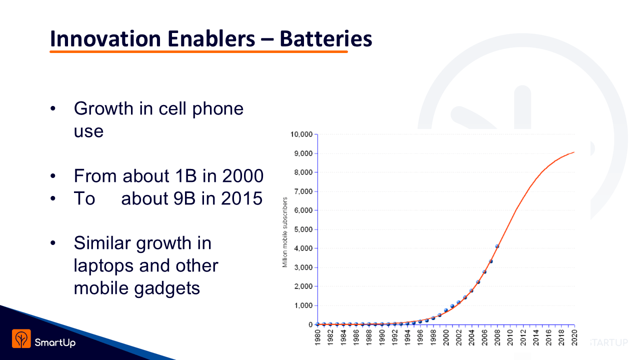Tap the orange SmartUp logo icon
pyautogui.click(x=21, y=339)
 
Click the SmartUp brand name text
pyautogui.click(x=55, y=342)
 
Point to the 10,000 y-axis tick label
pyautogui.click(x=301, y=134)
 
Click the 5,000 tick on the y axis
pyautogui.click(x=303, y=229)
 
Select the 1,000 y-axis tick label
pyautogui.click(x=303, y=305)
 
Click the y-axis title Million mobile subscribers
pyautogui.click(x=285, y=232)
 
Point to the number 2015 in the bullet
pyautogui.click(x=242, y=198)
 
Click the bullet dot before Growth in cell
pyautogui.click(x=52, y=109)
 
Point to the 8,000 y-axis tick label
pyautogui.click(x=303, y=172)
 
